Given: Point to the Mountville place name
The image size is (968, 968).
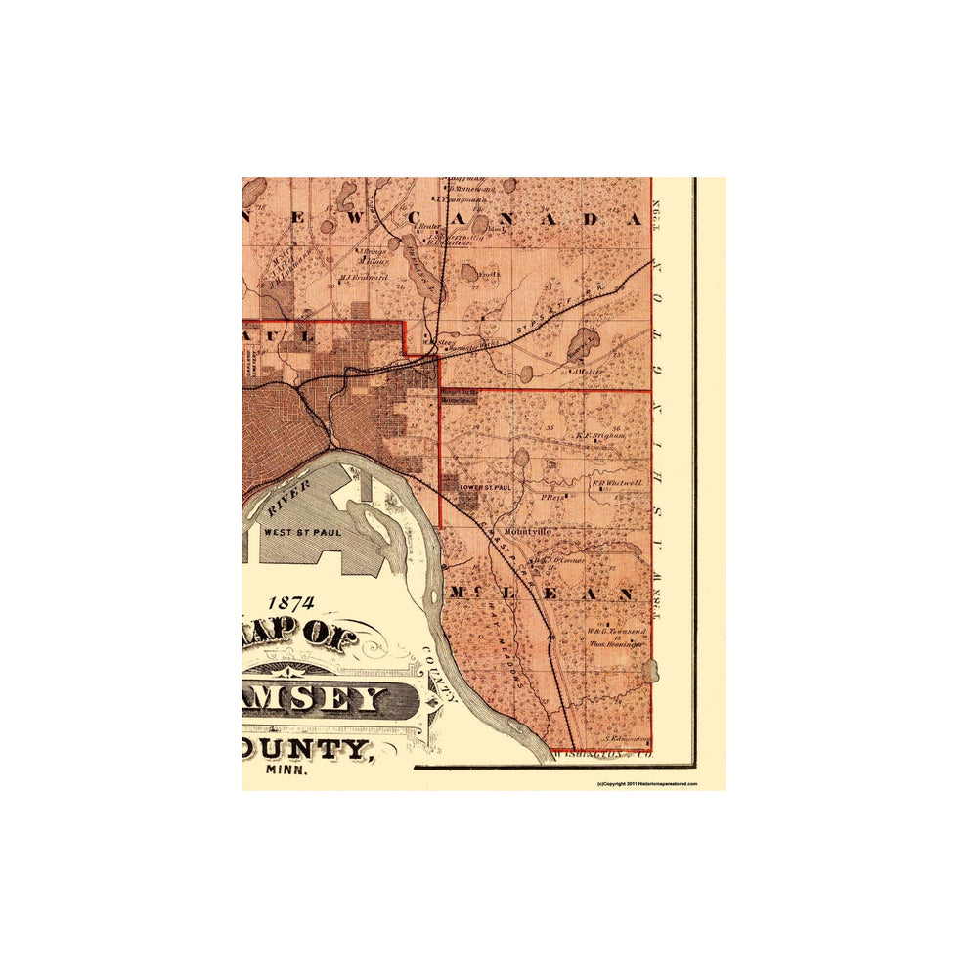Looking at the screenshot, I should pos(528,531).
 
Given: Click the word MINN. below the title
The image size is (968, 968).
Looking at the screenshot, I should pos(286,770).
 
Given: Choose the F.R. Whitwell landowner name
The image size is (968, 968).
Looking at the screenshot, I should pos(616,482).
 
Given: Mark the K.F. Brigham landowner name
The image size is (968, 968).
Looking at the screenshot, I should pos(599,436).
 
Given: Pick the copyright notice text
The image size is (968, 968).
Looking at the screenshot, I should pos(646,784).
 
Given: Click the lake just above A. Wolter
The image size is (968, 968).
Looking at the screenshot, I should pos(585,345).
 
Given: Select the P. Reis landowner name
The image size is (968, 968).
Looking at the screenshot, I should pos(553,497).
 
